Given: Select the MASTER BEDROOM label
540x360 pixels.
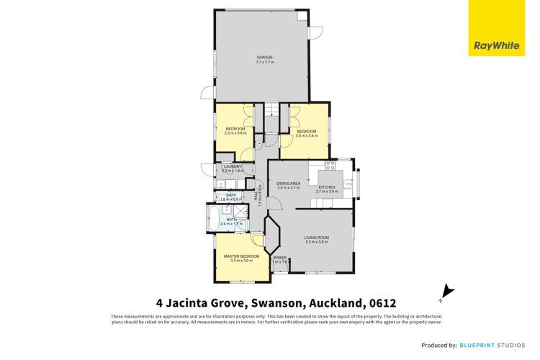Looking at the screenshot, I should click(x=241, y=256).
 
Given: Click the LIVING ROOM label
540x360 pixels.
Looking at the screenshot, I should click(x=316, y=238).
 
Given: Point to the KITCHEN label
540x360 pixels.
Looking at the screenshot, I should click(x=327, y=187).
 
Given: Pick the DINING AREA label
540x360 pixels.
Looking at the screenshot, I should click(x=288, y=183).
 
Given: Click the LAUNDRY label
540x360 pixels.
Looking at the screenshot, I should click(x=233, y=166).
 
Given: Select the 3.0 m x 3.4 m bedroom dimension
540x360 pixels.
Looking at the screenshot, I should click(x=307, y=136).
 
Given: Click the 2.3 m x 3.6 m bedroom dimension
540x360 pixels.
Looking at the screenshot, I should click(x=235, y=133).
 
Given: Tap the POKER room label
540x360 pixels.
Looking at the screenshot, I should click(x=279, y=257).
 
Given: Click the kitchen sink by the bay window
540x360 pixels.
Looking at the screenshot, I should click(x=348, y=184).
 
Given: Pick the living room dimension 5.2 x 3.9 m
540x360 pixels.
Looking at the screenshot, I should click(x=316, y=243).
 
